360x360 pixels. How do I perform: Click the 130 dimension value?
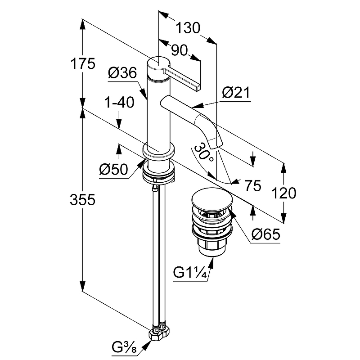pos(188,28)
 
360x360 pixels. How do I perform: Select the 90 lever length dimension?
pos(179,51)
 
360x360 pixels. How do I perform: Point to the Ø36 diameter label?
pos(122,73)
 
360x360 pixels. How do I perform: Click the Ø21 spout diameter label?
pos(235,93)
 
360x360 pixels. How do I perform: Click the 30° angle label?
pos(204,153)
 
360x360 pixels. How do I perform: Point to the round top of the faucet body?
pos(158,61)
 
